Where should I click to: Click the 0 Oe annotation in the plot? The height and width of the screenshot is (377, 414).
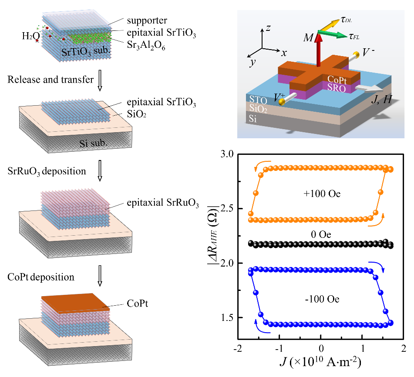(321, 235)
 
